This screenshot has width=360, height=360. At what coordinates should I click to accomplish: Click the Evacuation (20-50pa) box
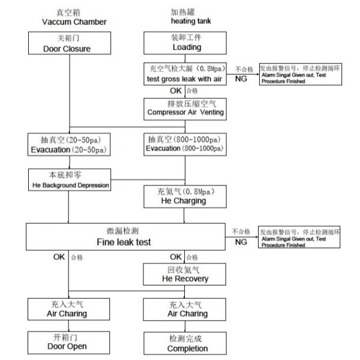[67, 144]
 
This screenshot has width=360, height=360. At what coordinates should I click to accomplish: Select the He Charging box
[184, 196]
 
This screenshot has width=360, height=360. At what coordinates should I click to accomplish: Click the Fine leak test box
[124, 238]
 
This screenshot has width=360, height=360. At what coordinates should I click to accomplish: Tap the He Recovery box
[185, 274]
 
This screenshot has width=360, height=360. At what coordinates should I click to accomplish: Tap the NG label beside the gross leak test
[241, 79]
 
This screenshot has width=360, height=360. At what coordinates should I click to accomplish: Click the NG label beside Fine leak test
[241, 242]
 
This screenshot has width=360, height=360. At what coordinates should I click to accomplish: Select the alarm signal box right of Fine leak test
[299, 238]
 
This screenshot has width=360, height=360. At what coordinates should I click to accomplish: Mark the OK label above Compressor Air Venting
[176, 91]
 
